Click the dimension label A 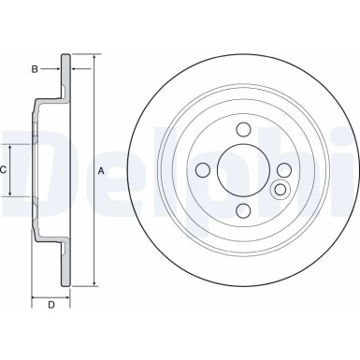pyautogui.click(x=101, y=169)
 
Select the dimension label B pyautogui.click(x=34, y=69)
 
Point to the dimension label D pyautogui.click(x=51, y=305)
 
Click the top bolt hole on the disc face pyautogui.click(x=242, y=129)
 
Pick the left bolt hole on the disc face pyautogui.click(x=202, y=169)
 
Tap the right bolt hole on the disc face pyautogui.click(x=282, y=169)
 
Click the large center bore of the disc pyautogui.click(x=242, y=169)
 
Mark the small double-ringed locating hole pyautogui.click(x=278, y=190)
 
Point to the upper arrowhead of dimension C pyautogui.click(x=12, y=147)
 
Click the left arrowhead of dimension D pyautogui.click(x=36, y=295)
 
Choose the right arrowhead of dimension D pyautogui.click(x=69, y=295)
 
